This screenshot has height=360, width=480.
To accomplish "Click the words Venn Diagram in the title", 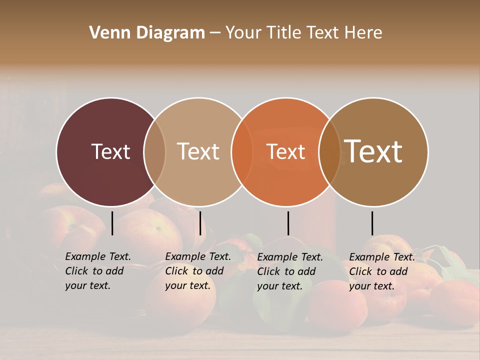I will click(147, 33).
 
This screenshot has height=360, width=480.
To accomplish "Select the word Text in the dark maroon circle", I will click(110, 151).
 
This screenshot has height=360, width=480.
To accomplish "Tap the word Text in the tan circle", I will click(198, 151).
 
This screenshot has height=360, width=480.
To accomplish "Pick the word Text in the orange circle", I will click(285, 151).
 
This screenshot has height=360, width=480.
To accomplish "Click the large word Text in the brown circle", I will click(373, 151).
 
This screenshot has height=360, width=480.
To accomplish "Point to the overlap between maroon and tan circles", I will click(154, 151).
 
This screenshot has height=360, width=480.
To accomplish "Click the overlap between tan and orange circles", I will click(242, 151).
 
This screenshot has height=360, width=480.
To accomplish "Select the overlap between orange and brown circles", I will click(329, 151).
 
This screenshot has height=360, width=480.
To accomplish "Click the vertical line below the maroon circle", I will click(112, 223).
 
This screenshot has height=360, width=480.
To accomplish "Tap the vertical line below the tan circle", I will click(200, 223).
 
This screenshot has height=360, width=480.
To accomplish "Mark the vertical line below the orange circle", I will click(288, 223).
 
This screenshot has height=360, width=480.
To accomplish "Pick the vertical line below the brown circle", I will click(372, 223).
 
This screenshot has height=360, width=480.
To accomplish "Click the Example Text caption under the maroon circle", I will click(98, 271).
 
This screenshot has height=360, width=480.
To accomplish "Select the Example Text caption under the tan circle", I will click(198, 271).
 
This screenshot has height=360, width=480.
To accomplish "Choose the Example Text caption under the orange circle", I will click(290, 271).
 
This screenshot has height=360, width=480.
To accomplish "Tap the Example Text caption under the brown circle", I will click(382, 271).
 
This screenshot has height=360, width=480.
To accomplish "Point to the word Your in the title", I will click(244, 33).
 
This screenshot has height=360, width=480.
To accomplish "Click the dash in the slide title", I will click(215, 33).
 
